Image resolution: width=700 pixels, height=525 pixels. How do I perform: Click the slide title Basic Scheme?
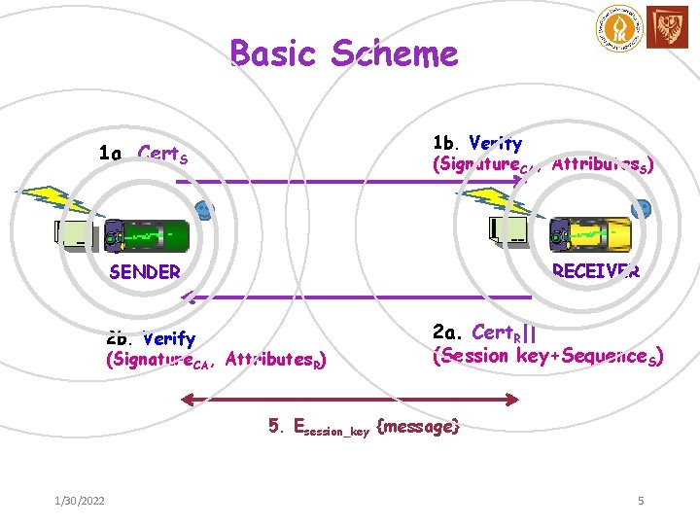pyautogui.click(x=344, y=53)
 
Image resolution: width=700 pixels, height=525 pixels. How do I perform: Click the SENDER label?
pyautogui.click(x=145, y=272)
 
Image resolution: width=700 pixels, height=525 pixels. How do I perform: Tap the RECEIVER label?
pyautogui.click(x=595, y=271)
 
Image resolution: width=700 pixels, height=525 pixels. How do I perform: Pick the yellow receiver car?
pyautogui.click(x=590, y=234)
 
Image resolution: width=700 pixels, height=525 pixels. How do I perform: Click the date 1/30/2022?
pyautogui.click(x=80, y=501)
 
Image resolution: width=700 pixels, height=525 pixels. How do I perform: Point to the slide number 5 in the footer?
pyautogui.click(x=641, y=501)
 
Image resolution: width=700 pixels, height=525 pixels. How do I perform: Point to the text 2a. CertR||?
pyautogui.click(x=483, y=333)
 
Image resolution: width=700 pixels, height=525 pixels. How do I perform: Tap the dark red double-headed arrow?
pyautogui.click(x=351, y=397)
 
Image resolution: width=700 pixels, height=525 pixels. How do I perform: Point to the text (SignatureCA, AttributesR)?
pyautogui.click(x=214, y=362)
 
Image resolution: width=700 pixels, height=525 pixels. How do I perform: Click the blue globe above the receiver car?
pyautogui.click(x=640, y=210)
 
